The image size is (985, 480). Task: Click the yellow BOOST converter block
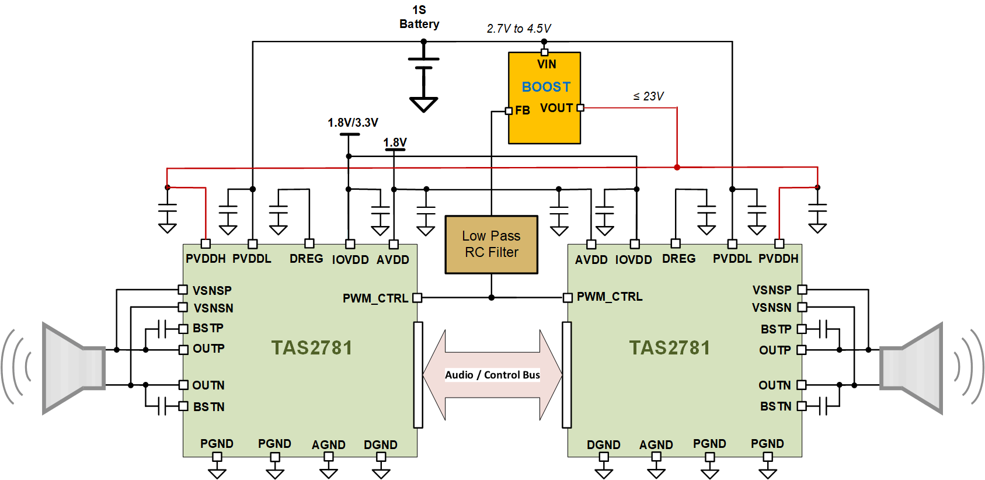(544, 98)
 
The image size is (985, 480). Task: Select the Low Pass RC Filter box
(491, 245)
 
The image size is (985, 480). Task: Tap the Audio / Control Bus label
(492, 375)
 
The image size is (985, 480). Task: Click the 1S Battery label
(419, 18)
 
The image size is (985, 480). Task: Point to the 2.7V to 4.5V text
(518, 29)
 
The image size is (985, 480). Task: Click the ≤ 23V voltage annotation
(648, 96)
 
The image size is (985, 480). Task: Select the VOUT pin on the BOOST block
(580, 108)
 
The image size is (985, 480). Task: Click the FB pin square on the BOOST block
(509, 111)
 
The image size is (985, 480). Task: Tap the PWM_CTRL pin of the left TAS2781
(417, 298)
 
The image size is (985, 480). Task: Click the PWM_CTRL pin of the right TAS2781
(568, 298)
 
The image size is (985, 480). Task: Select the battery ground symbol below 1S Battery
(424, 105)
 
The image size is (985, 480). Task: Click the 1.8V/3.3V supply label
(353, 123)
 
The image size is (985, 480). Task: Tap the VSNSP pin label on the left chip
(212, 290)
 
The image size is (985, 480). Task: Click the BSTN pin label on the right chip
(775, 406)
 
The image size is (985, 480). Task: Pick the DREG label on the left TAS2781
(306, 259)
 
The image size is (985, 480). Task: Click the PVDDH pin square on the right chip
(779, 244)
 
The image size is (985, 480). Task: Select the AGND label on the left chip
(328, 445)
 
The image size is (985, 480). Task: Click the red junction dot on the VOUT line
(677, 168)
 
